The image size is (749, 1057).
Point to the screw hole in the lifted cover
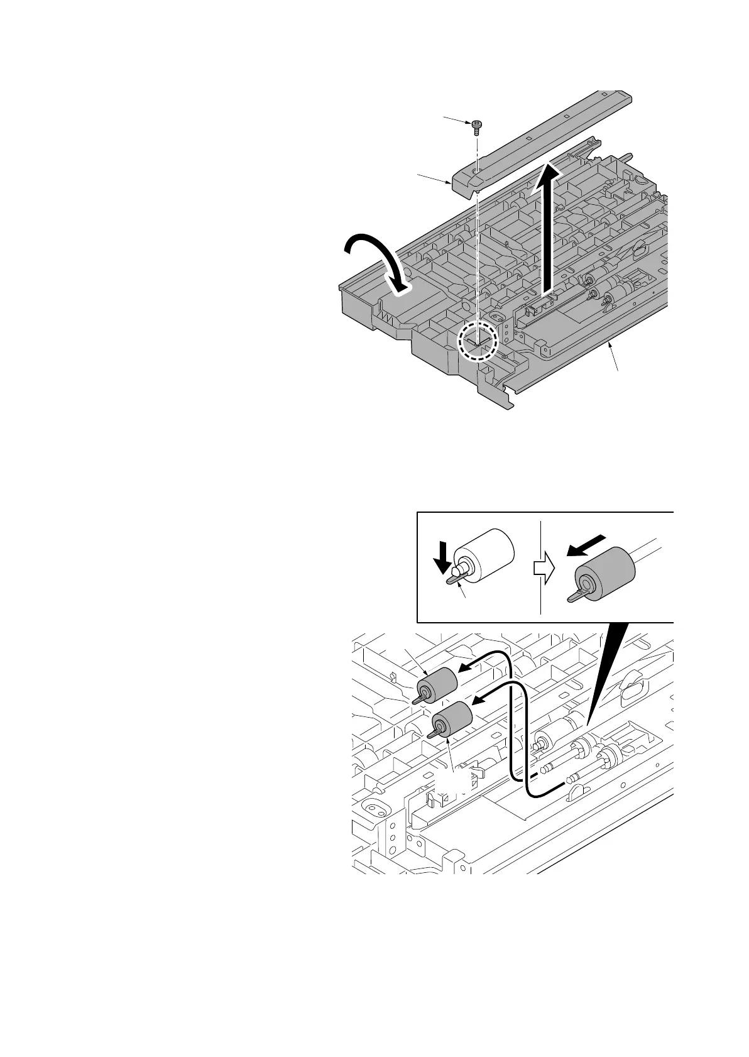[x=478, y=170]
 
